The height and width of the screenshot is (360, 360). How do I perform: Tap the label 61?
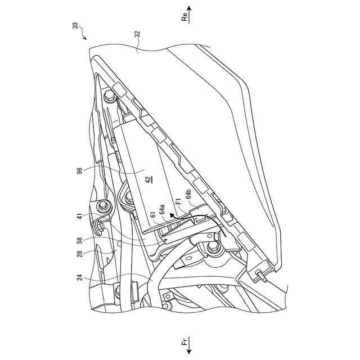(152, 215)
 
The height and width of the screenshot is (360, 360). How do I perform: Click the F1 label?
(178, 200)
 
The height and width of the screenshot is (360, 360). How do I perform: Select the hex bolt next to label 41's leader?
(103, 208)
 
